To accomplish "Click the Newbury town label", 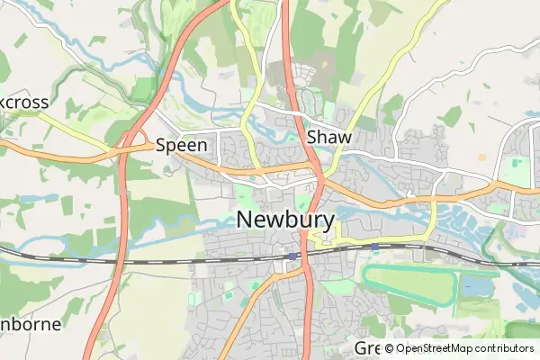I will (285, 220).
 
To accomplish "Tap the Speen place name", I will (182, 144).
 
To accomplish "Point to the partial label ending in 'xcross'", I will (23, 102).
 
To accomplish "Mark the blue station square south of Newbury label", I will (293, 256).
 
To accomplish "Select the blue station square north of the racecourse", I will (374, 247).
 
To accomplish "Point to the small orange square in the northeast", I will (482, 157).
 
